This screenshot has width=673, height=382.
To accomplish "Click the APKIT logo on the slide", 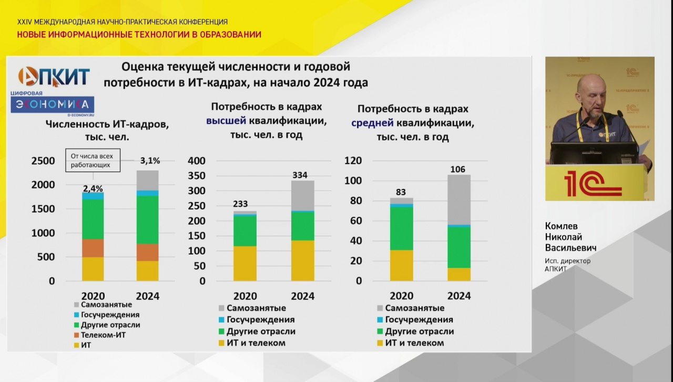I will [x=54, y=76].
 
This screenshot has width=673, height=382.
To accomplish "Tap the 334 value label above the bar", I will [x=300, y=175].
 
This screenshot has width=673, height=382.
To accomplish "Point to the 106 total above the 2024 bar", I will [x=458, y=169].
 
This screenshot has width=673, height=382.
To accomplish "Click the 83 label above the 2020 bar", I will [x=401, y=192].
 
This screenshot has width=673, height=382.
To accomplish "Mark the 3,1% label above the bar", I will [x=150, y=160].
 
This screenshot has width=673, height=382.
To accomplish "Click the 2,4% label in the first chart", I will [x=93, y=188].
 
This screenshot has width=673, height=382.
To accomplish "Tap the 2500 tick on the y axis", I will [x=43, y=160].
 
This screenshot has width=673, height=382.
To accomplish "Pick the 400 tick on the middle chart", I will [x=196, y=160].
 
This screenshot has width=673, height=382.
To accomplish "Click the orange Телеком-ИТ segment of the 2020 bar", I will [x=93, y=248].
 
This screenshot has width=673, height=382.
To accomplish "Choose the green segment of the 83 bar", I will [x=401, y=228].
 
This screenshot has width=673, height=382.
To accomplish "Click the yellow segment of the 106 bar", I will [x=458, y=274].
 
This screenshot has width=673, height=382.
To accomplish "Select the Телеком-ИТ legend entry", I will [x=103, y=335].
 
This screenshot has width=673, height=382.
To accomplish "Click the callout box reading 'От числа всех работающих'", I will [x=93, y=160].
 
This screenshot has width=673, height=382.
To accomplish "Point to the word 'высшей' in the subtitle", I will [x=226, y=120].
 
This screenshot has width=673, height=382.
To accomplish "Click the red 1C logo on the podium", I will [x=593, y=184].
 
